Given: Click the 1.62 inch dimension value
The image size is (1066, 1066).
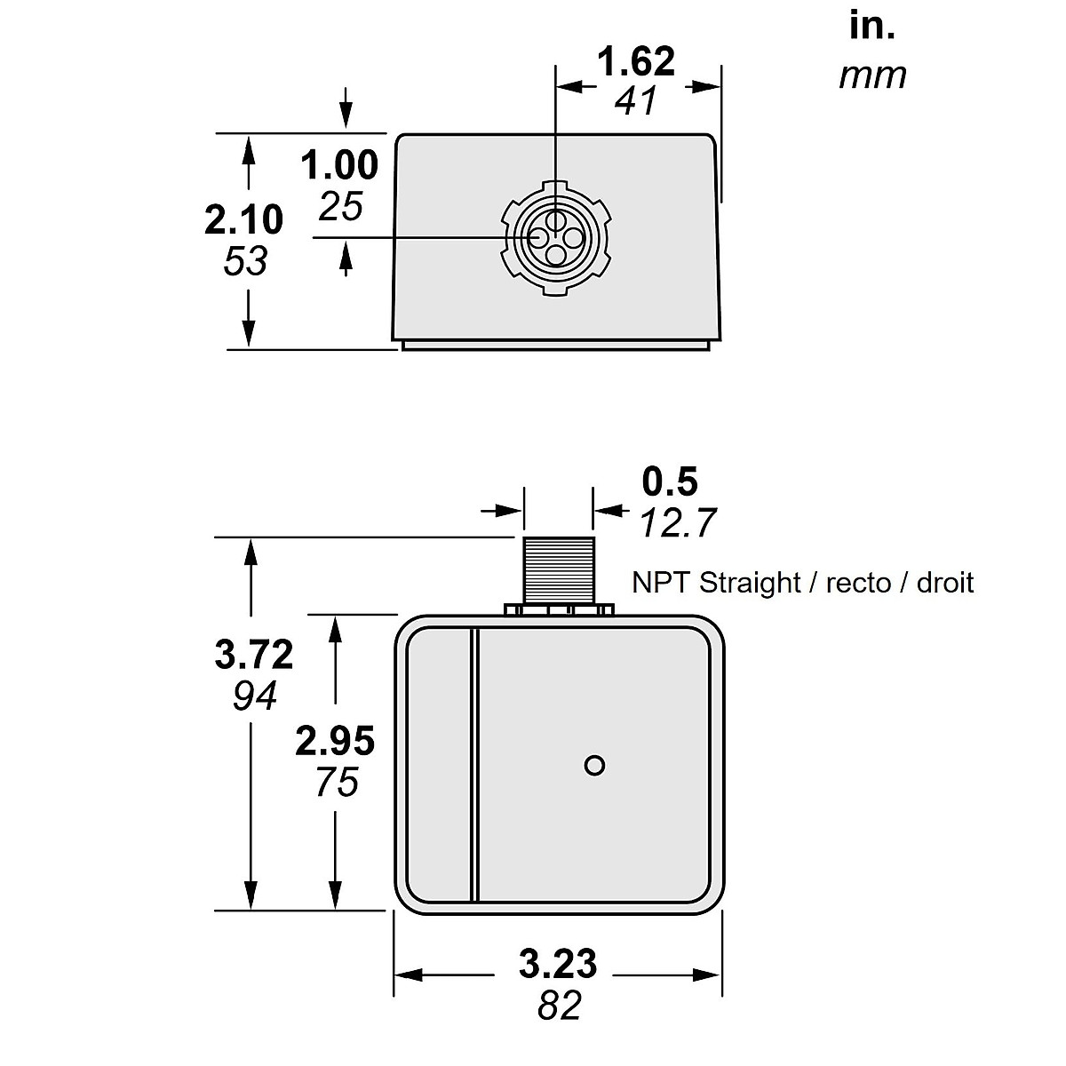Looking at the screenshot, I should pos(636,62).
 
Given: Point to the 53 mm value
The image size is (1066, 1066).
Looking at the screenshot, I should pos(245,262).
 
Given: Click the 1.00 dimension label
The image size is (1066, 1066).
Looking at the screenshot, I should pos(339,166).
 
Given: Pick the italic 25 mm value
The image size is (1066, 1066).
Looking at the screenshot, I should pos(341,207).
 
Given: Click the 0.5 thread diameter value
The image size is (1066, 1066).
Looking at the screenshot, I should pos(671,482).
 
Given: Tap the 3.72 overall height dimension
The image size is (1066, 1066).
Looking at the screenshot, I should pos(254,656).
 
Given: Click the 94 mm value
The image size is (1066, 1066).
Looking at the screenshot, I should pos(256,696).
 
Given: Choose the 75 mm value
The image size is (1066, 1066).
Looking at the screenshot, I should pos(336,783).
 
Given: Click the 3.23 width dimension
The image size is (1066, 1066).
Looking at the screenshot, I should pos(558,964).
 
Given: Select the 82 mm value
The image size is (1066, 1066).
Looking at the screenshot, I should pos(560,1006).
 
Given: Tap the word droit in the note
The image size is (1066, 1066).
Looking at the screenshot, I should pos(945,584).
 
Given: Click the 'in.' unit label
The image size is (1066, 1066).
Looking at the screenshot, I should pos(872,26).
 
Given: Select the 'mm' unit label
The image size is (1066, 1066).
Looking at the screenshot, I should pos(872,76).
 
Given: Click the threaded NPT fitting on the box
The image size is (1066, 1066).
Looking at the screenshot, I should pos(558,569).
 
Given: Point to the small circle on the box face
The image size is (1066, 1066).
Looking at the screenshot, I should pos(595,765).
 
